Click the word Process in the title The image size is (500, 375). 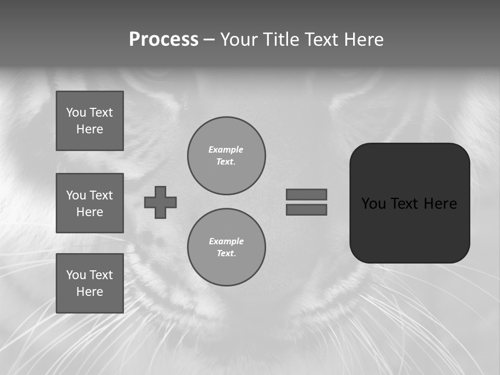point(164,40)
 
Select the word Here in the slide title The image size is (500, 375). point(364,40)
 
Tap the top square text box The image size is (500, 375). point(90,121)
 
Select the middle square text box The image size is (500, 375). point(90,203)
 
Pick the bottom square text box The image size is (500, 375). point(90,283)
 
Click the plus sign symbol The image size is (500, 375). point(160,202)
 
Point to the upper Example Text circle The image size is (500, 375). point(226,156)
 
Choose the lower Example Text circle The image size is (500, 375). point(226,247)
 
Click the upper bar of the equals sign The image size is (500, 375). point(306,194)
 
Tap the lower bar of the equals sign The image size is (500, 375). point(306,209)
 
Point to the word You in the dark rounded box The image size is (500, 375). point(373,204)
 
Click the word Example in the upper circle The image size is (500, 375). point(226,149)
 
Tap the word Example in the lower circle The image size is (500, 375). point(226,241)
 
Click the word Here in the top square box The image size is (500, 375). point(90,129)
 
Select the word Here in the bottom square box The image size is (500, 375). point(90,292)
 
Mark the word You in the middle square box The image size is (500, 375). point(76,195)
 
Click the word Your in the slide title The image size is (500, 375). point(240,40)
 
